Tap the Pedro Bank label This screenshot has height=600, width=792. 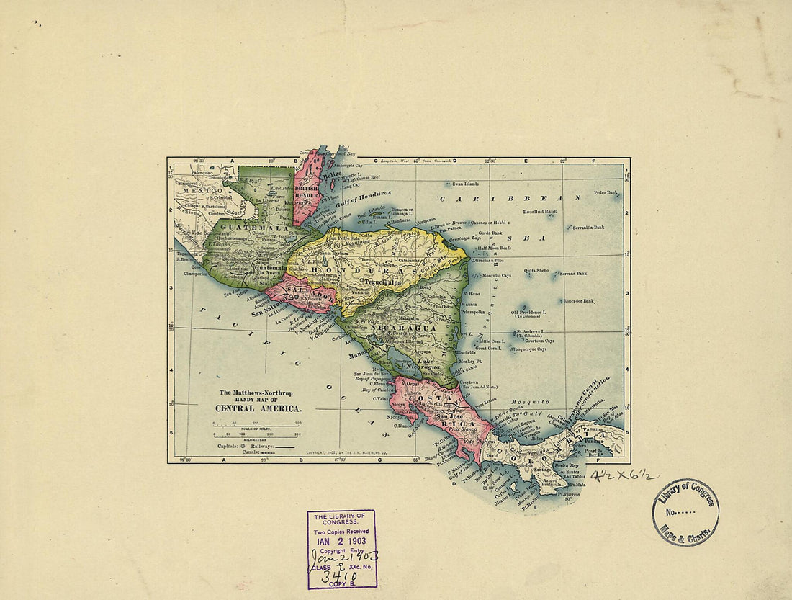(x=606, y=192)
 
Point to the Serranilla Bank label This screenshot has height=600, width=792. (x=588, y=227)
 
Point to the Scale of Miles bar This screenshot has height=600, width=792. (x=256, y=427)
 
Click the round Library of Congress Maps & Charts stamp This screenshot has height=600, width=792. (x=685, y=512)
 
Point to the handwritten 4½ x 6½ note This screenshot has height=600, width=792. (x=624, y=475)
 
